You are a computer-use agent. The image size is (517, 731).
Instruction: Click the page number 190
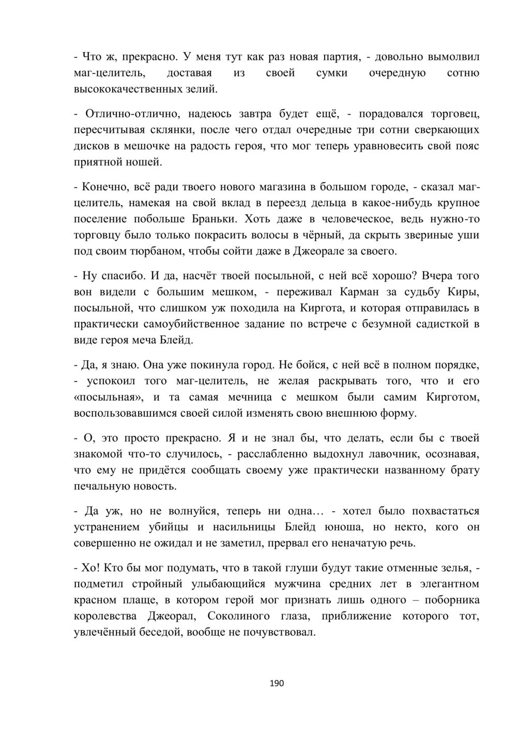click(277, 683)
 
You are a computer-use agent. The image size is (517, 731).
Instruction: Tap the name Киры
click(467, 292)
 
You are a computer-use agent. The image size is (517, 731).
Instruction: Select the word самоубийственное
click(178, 325)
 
